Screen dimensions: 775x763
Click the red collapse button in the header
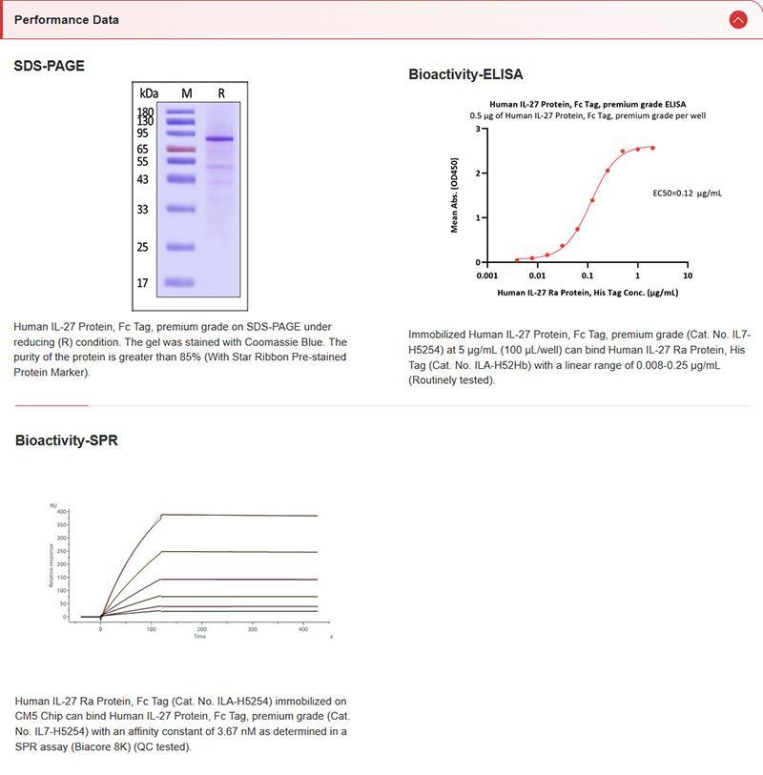737,19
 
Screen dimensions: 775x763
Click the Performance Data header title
67,19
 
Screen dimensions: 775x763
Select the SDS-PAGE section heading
49,66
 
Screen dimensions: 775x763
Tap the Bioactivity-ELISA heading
465,73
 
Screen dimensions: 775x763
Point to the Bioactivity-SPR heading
67,440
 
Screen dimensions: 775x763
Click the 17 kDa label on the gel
144,283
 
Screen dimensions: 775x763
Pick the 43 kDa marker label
144,179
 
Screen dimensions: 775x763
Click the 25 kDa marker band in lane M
179,247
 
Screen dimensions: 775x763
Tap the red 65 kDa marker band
179,149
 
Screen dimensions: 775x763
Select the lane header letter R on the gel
221,92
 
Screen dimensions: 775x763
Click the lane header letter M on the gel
187,92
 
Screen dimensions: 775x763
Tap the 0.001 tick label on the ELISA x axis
487,275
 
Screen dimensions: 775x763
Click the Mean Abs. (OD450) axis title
455,195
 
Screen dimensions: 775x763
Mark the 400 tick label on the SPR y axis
62,512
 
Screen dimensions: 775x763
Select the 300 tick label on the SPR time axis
252,629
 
